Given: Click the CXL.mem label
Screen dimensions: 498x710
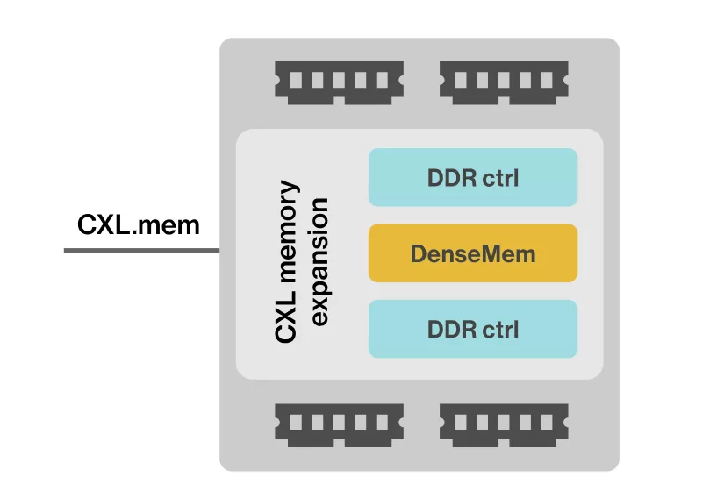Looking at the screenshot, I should pyautogui.click(x=139, y=225).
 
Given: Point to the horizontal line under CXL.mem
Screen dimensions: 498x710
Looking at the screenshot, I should pyautogui.click(x=141, y=251).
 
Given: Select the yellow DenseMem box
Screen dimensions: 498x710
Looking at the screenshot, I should pyautogui.click(x=472, y=253).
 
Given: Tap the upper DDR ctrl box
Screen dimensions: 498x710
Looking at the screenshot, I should pyautogui.click(x=472, y=178).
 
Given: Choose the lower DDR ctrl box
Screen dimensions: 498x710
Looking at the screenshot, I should pyautogui.click(x=472, y=329).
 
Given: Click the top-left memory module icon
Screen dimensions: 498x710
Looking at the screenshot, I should pyautogui.click(x=339, y=80).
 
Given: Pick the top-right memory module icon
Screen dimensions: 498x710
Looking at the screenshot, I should pyautogui.click(x=504, y=80).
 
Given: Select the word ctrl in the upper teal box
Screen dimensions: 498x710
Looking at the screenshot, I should pyautogui.click(x=500, y=178).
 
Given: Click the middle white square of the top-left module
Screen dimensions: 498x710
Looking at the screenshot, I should pyautogui.click(x=339, y=80).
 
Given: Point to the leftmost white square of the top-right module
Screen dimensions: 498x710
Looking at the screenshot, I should pyautogui.click(x=462, y=80).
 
